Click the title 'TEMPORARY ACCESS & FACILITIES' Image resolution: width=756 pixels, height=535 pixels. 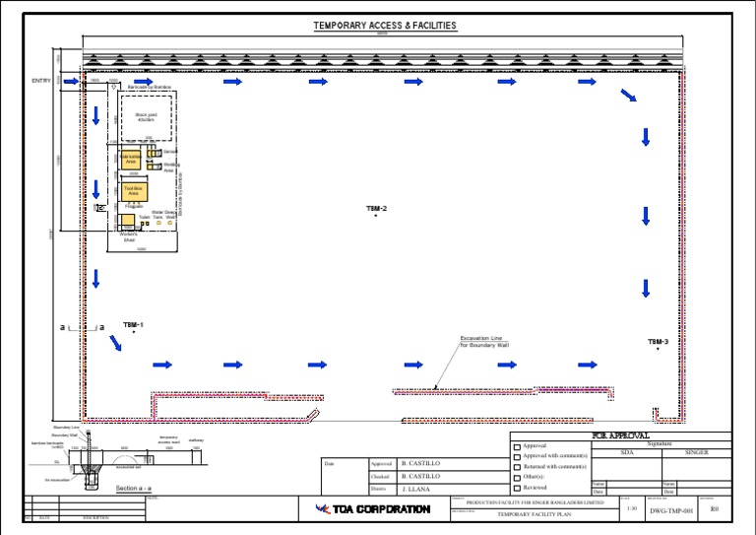coord(385,26)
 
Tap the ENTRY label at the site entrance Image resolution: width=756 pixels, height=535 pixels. coord(40,80)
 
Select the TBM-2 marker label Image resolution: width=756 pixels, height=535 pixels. coord(377,209)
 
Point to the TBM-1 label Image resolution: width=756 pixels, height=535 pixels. coord(134,324)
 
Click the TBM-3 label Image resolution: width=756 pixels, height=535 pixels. coord(658,342)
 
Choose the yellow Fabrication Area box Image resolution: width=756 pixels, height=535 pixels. coord(131,159)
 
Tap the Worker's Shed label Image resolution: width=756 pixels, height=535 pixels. coord(129,237)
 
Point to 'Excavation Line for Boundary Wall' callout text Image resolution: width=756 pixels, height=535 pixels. coord(485,342)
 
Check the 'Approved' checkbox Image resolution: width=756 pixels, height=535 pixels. coord(517,446)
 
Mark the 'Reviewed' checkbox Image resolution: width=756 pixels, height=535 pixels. coord(517,488)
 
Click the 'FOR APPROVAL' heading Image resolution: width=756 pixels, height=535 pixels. coord(620,435)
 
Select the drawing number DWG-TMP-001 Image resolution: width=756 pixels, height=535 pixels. coord(671,509)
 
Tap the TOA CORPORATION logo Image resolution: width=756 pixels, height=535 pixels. coord(372,509)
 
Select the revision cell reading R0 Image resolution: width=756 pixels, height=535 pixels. coord(715,509)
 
